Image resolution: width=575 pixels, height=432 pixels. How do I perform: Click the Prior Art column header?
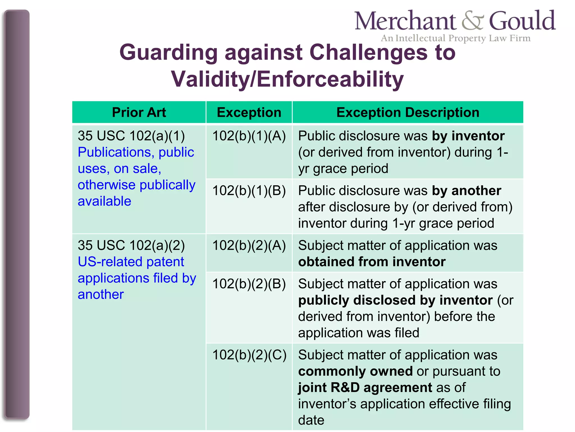[x=139, y=112]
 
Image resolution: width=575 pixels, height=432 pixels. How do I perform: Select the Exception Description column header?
[x=408, y=112]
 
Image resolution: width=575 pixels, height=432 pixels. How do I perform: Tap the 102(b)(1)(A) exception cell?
[x=249, y=136]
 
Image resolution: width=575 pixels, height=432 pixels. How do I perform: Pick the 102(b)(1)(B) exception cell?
[x=249, y=191]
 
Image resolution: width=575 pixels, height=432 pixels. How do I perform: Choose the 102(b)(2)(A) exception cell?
[x=249, y=245]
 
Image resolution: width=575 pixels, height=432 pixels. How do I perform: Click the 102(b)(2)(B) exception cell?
[x=249, y=284]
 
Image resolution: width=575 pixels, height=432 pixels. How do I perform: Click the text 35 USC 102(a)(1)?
[x=131, y=136]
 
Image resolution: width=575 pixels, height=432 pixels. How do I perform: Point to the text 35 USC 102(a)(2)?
[x=131, y=245]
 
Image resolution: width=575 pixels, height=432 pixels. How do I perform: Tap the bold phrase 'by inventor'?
[x=468, y=136]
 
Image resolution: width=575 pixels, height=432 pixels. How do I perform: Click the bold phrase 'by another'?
[x=466, y=191]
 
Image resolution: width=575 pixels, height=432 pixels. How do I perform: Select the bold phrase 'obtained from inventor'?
[x=372, y=262]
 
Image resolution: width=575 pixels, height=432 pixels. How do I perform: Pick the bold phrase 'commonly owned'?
[x=355, y=371]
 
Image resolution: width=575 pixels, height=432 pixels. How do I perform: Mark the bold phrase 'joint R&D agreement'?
[x=365, y=388]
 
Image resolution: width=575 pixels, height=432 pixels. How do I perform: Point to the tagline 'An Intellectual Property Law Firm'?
[x=455, y=38]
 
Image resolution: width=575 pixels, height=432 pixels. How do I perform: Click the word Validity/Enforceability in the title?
[x=287, y=79]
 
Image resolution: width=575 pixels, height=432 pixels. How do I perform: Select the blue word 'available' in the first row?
[x=104, y=201]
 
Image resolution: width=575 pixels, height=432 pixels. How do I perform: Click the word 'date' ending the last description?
[x=311, y=420]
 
